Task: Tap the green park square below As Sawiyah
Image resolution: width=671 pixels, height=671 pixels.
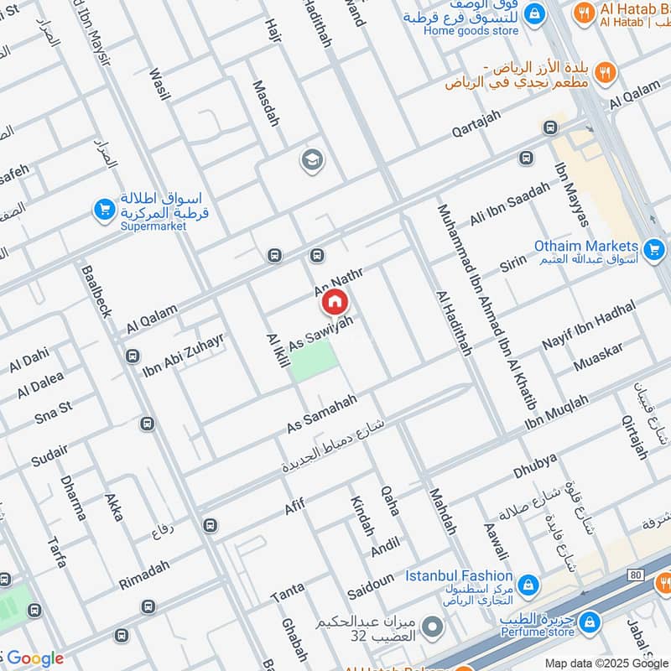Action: point(315,362)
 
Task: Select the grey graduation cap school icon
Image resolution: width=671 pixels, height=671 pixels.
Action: point(313,159)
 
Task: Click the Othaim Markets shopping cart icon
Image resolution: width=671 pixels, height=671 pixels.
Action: point(653,248)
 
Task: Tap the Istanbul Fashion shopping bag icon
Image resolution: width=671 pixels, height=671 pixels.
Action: point(528,584)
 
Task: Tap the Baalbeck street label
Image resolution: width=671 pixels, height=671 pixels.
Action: point(96,291)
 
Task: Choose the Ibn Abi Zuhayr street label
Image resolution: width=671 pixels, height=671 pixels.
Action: point(183,354)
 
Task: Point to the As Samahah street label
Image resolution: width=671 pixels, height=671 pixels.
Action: point(322,413)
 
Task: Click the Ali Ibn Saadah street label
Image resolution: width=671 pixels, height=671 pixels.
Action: point(509,203)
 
